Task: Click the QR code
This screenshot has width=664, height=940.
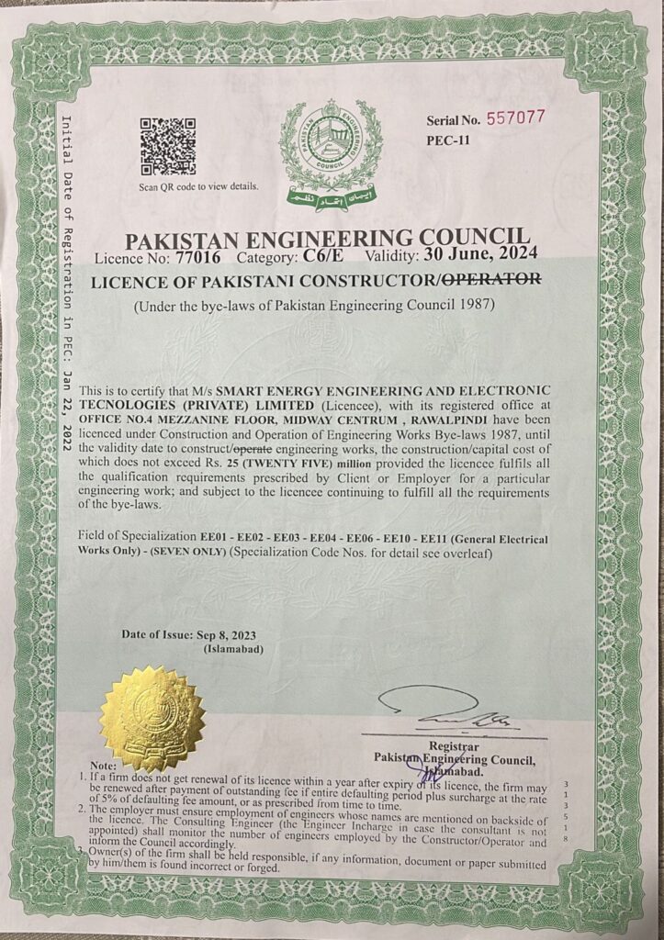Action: (167, 146)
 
